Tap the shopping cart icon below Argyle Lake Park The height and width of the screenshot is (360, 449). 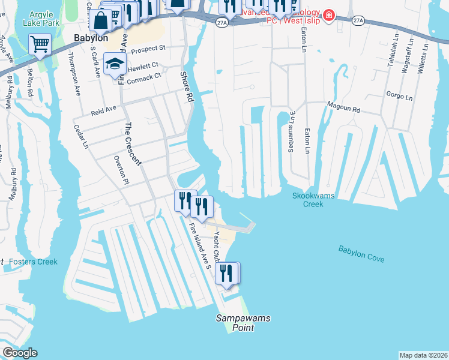click(x=40, y=44)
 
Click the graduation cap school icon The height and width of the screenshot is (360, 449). click(x=114, y=64)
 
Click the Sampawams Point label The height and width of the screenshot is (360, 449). click(x=235, y=323)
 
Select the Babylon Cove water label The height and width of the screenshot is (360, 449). click(x=361, y=254)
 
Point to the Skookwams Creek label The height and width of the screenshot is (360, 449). click(x=316, y=200)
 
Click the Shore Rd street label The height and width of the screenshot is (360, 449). click(x=188, y=86)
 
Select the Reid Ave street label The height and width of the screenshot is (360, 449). click(x=103, y=110)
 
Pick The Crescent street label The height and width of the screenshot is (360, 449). click(x=133, y=144)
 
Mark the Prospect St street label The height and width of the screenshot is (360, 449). click(x=146, y=49)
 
